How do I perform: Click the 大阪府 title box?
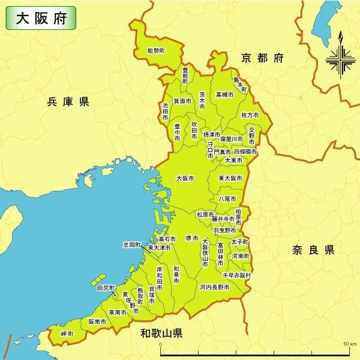coord(41,17)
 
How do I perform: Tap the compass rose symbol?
coord(340,58)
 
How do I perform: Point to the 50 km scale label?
coord(350,344)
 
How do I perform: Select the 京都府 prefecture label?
coord(262,58)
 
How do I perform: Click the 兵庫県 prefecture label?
coord(68,101)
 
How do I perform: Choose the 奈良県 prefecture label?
coord(313,250)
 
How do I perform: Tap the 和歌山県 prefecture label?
coord(161,333)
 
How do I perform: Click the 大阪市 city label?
coord(185,178)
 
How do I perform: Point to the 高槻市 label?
coord(225,95)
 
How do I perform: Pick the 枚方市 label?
coord(249,115)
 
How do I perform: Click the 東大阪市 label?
coord(230,178)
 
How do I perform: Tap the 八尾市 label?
coord(227,199)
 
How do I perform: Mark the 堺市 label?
coord(192,238)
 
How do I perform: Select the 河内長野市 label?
coord(214,287)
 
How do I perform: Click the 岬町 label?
coord(67,333)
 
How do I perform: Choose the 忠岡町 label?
coord(131,245)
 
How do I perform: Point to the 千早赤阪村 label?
coord(236,275)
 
